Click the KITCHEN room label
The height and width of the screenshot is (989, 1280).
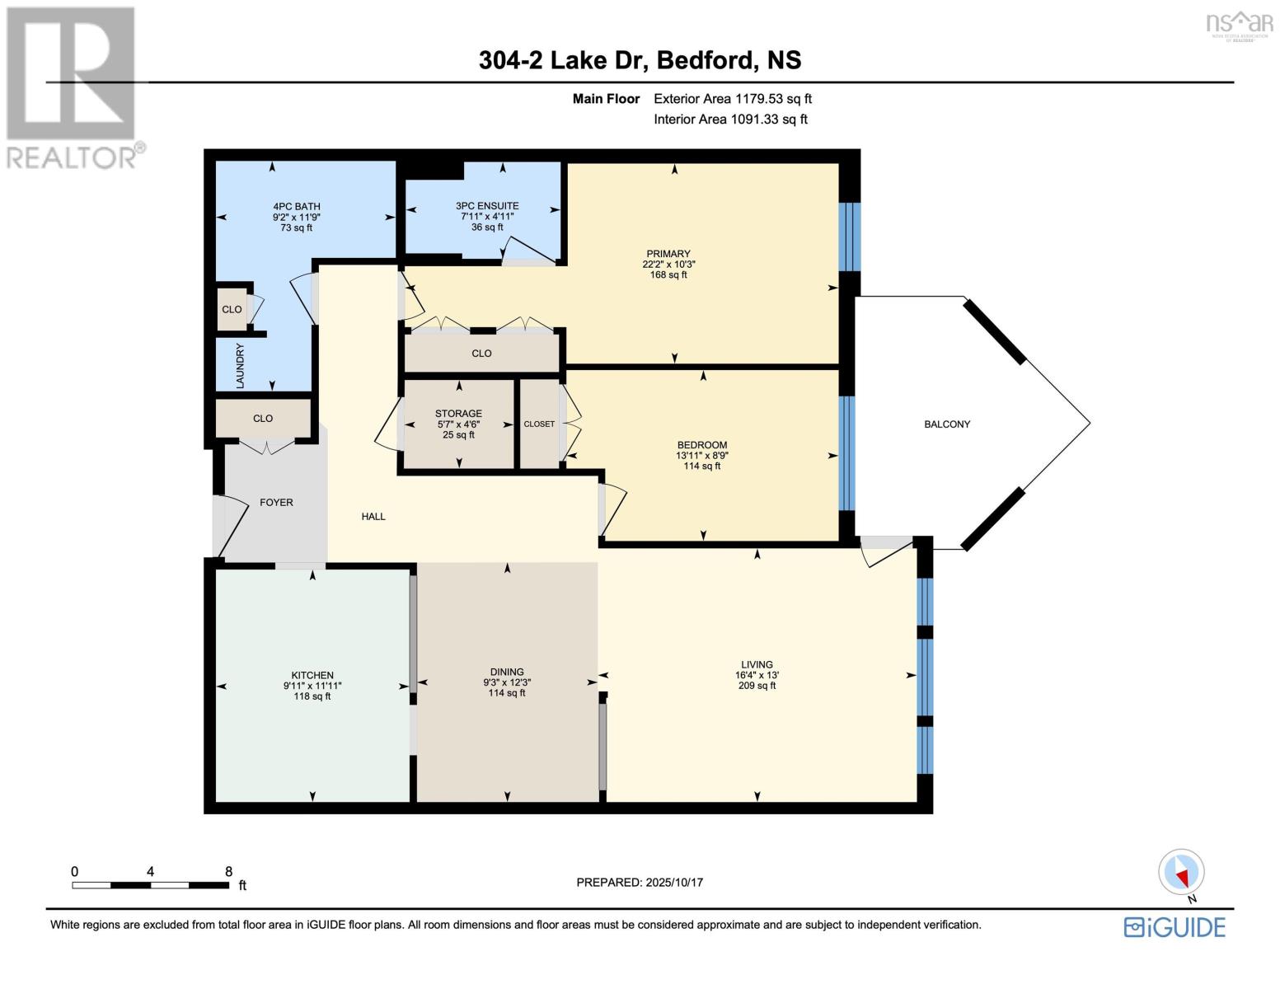pyautogui.click(x=312, y=675)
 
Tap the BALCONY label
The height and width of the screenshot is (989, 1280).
pyautogui.click(x=947, y=424)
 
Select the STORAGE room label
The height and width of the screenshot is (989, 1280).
pyautogui.click(x=458, y=414)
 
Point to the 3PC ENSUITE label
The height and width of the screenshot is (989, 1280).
pyautogui.click(x=487, y=206)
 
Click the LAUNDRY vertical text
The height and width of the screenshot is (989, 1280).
pyautogui.click(x=241, y=366)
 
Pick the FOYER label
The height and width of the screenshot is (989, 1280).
pyautogui.click(x=276, y=503)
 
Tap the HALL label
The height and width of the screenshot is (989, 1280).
pyautogui.click(x=373, y=517)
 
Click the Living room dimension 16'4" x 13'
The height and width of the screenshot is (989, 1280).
pyautogui.click(x=757, y=675)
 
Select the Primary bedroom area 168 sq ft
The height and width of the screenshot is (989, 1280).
pyautogui.click(x=668, y=275)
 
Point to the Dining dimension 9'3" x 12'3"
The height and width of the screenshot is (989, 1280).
pyautogui.click(x=507, y=682)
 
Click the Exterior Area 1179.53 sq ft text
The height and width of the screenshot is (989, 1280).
pyautogui.click(x=732, y=99)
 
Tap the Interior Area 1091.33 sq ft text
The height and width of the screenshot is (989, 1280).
pyautogui.click(x=730, y=120)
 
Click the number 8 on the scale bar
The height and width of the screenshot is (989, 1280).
pyautogui.click(x=228, y=872)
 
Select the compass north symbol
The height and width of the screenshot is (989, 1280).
pyautogui.click(x=1182, y=872)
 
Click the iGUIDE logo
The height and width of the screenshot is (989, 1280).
pyautogui.click(x=1175, y=927)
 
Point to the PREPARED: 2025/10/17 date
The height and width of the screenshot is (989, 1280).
pyautogui.click(x=640, y=883)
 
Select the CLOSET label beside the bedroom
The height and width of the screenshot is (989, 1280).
pyautogui.click(x=539, y=424)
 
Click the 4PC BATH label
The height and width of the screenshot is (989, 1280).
pyautogui.click(x=297, y=207)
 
